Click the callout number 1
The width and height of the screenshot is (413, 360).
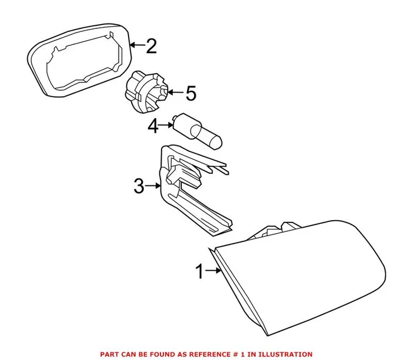click(x=199, y=271)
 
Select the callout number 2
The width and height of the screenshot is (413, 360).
click(x=151, y=46)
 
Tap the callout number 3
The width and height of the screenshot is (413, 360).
click(x=138, y=187)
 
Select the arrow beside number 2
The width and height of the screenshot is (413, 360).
click(x=137, y=45)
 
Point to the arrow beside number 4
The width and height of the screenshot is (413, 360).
click(x=168, y=125)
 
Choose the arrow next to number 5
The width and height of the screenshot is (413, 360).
click(x=175, y=92)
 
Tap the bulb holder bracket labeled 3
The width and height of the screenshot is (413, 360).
click(x=189, y=189)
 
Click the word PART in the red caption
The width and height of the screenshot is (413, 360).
click(x=110, y=354)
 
